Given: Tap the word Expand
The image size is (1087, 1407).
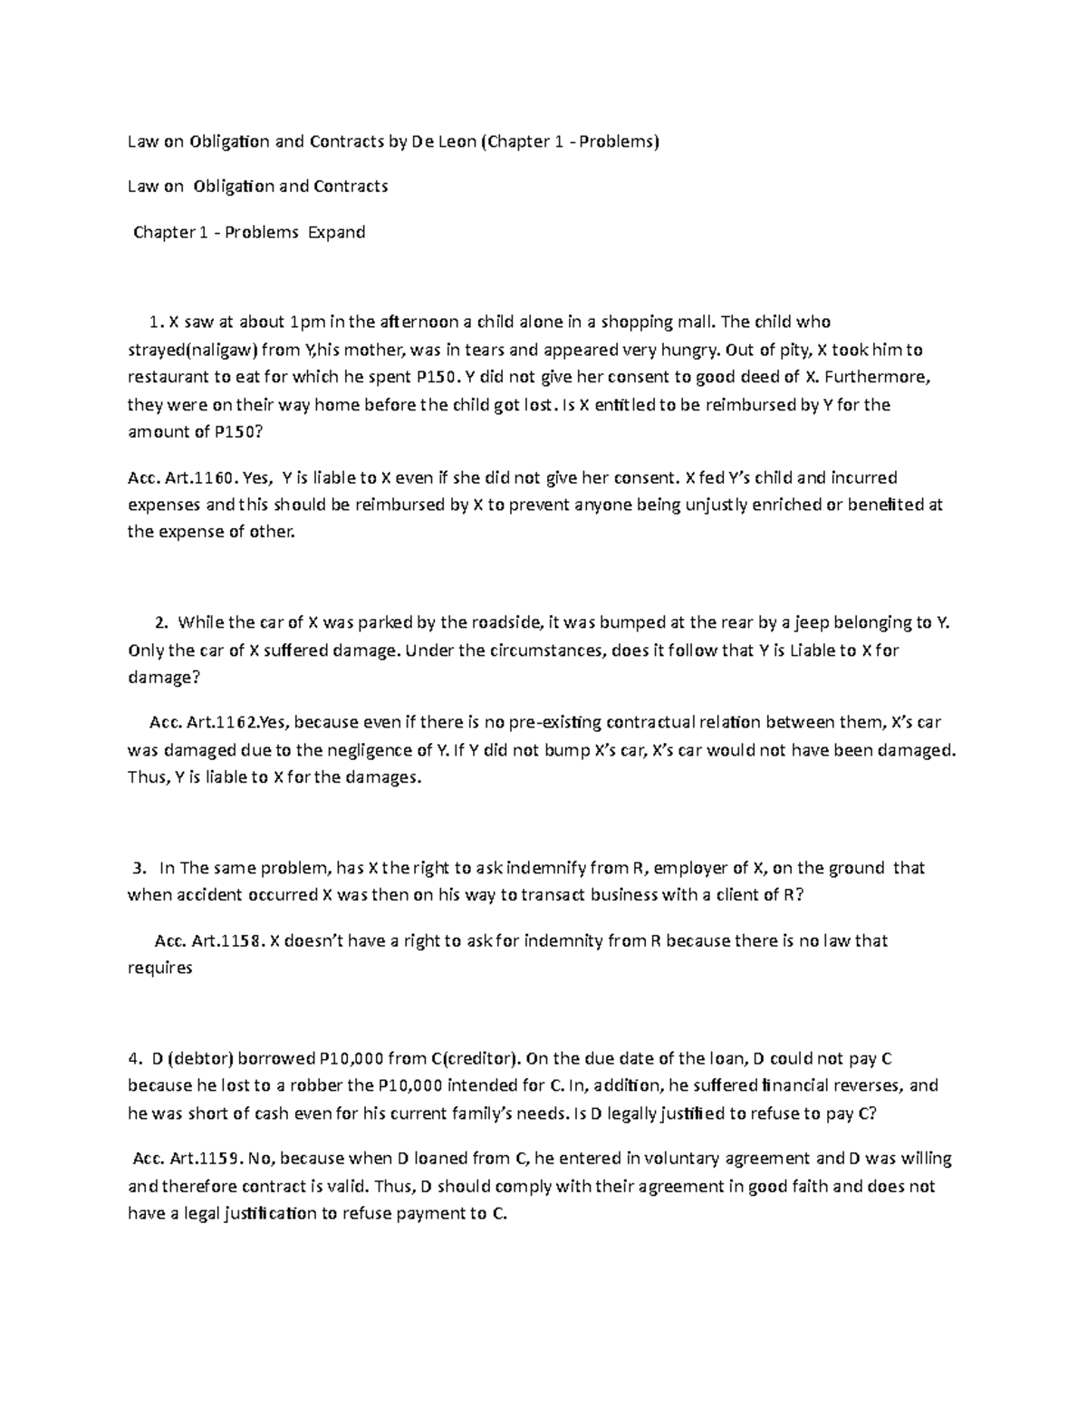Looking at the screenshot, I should pyautogui.click(x=336, y=232).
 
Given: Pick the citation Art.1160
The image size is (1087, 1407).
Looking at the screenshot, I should pyautogui.click(x=199, y=477).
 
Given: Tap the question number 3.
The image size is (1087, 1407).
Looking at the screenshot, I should pyautogui.click(x=138, y=868).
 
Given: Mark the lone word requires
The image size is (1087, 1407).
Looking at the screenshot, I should pyautogui.click(x=160, y=968).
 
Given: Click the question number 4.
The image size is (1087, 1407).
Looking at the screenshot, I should pyautogui.click(x=133, y=1058).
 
